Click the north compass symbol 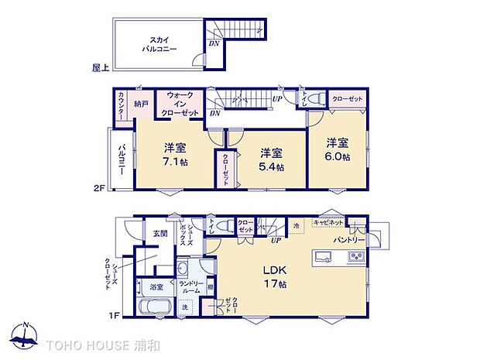(26, 337)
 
